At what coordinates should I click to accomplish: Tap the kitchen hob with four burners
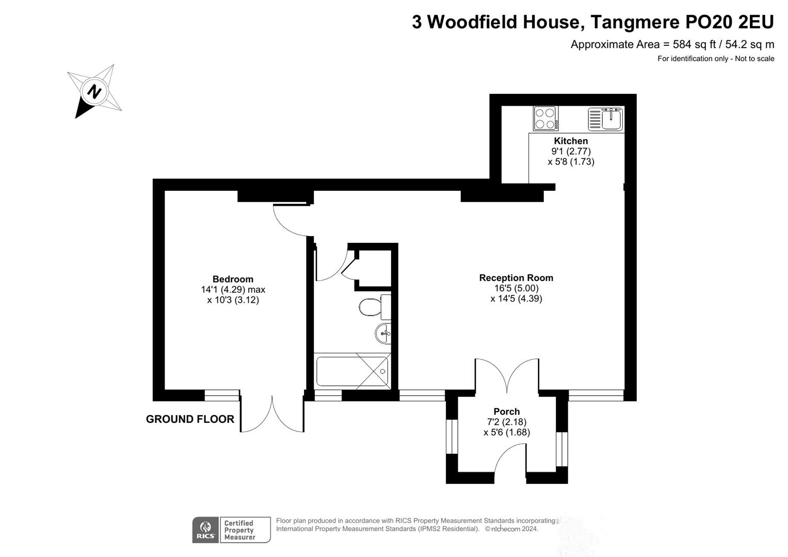pos(545,118)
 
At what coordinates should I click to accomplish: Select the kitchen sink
pos(606,119)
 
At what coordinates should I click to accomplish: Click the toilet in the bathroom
pos(374,307)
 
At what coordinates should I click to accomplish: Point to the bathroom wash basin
pos(383,333)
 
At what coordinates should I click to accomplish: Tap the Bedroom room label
pos(233,280)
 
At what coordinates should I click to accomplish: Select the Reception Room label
pos(516,278)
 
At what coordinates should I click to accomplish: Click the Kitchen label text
pos(571,141)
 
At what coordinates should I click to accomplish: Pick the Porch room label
pos(506,412)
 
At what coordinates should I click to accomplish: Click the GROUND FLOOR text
pos(190,419)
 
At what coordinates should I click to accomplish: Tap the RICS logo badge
pos(205,530)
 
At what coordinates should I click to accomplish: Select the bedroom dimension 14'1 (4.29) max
pos(233,290)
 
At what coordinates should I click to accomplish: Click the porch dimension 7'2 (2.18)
pos(506,422)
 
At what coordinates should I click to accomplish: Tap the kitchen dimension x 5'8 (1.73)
pos(571,161)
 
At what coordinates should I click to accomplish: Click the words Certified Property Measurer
pos(239,530)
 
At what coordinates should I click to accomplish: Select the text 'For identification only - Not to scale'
pos(715,59)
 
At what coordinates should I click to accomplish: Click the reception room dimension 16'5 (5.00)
pos(516,288)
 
